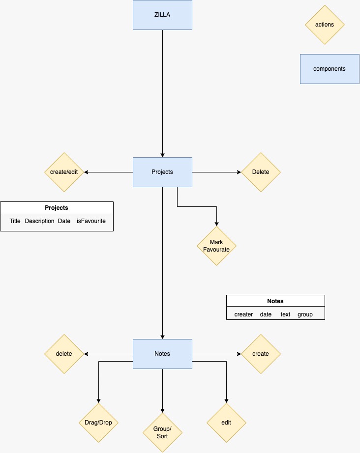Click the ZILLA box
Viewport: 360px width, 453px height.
coord(162,15)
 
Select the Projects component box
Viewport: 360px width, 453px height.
coord(162,172)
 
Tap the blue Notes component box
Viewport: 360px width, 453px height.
coord(162,354)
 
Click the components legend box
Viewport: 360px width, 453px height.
coord(330,69)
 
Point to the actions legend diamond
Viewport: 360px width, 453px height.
coord(325,25)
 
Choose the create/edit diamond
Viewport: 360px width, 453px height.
coord(64,172)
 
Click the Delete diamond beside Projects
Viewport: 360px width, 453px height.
coord(261,172)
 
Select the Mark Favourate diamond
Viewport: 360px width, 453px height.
coord(216,246)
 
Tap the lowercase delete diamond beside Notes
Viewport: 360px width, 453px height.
coord(64,354)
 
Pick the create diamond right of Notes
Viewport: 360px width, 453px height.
coord(261,354)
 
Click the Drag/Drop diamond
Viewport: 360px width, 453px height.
coord(99,423)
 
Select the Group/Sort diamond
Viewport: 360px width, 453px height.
coord(162,432)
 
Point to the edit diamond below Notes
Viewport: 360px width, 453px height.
coord(226,423)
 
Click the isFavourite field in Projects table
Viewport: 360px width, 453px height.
coord(91,221)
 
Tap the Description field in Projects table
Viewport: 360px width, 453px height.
coord(39,221)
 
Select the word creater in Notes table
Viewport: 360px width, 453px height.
coord(243,314)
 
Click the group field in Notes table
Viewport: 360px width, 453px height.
coord(305,314)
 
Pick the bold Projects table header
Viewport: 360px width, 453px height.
coord(57,207)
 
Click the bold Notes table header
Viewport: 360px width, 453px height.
coord(275,301)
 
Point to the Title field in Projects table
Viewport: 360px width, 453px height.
coord(15,221)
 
